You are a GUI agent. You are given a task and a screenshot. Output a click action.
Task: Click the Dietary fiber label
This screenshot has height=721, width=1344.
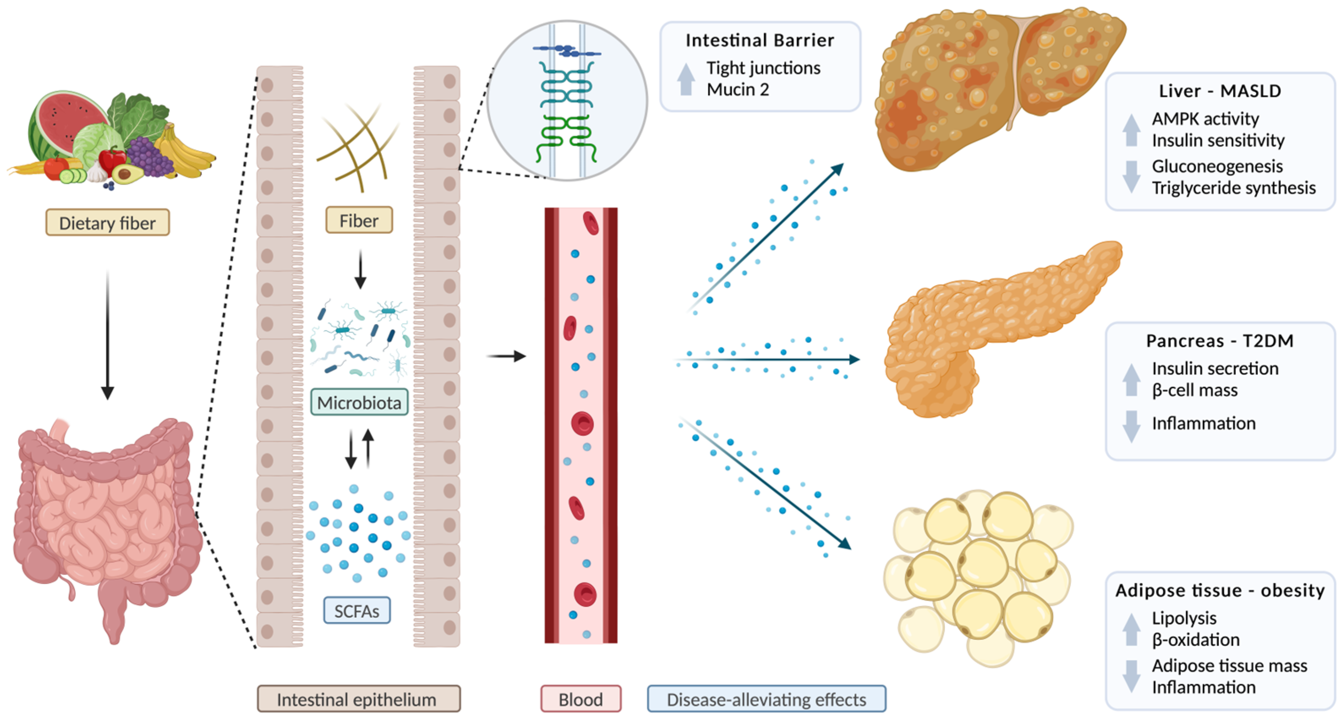tap(107, 223)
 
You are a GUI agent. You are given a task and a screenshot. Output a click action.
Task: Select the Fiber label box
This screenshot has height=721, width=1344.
tap(359, 221)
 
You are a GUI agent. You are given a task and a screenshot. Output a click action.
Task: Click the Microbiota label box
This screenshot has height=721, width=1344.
tap(359, 403)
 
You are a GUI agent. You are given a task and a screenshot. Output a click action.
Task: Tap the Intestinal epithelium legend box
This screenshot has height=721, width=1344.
tap(358, 699)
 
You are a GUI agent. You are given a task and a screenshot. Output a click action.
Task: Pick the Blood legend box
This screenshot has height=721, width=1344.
tap(581, 699)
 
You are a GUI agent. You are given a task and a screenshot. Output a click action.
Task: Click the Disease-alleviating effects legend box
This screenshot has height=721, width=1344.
tap(766, 699)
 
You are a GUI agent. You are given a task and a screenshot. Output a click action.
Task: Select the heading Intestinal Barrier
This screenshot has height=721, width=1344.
tap(759, 40)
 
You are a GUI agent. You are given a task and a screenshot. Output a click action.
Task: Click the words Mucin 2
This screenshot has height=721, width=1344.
tap(738, 90)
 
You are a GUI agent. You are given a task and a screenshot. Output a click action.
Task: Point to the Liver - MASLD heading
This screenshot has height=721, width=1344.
tap(1220, 91)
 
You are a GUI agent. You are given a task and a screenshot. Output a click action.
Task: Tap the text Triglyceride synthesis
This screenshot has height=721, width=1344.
tap(1233, 188)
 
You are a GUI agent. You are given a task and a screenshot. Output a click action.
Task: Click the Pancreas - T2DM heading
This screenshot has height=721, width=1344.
tap(1220, 341)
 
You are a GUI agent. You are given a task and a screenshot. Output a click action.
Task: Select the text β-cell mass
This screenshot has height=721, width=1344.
tap(1195, 390)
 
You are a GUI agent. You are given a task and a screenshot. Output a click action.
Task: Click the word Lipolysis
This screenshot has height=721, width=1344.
tap(1184, 618)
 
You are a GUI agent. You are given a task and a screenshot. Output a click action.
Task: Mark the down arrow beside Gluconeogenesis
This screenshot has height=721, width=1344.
tap(1131, 176)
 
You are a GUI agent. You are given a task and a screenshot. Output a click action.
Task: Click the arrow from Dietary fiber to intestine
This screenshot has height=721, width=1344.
tap(107, 334)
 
